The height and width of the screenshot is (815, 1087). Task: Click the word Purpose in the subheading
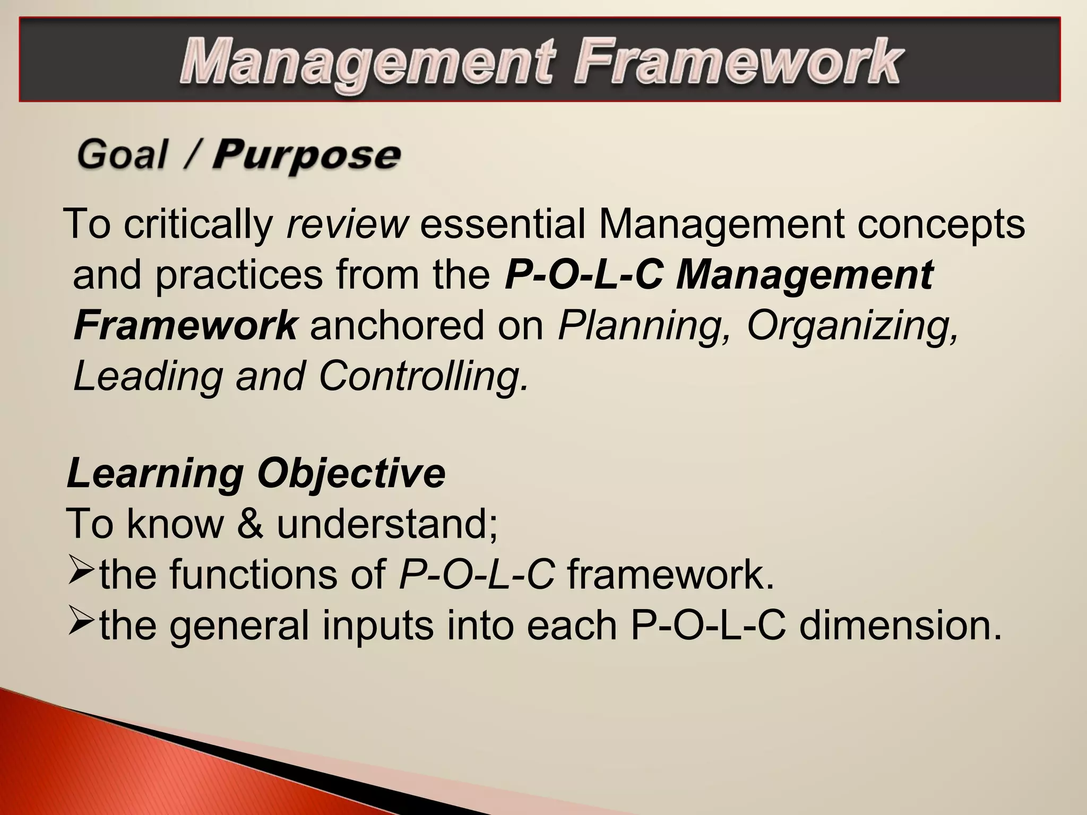pyautogui.click(x=306, y=155)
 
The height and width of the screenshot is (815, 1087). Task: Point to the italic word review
pyautogui.click(x=347, y=224)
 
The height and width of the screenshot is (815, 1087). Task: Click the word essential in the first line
pyautogui.click(x=503, y=224)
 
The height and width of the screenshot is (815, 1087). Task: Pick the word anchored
pyautogui.click(x=397, y=325)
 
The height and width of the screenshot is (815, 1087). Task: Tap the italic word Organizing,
pyautogui.click(x=853, y=326)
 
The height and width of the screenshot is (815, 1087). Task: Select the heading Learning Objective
pyautogui.click(x=256, y=473)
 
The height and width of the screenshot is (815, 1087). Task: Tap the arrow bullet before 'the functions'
pyautogui.click(x=81, y=574)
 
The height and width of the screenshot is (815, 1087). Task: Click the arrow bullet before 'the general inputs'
pyautogui.click(x=81, y=624)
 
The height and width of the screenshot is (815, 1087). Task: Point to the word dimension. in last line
pyautogui.click(x=900, y=625)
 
